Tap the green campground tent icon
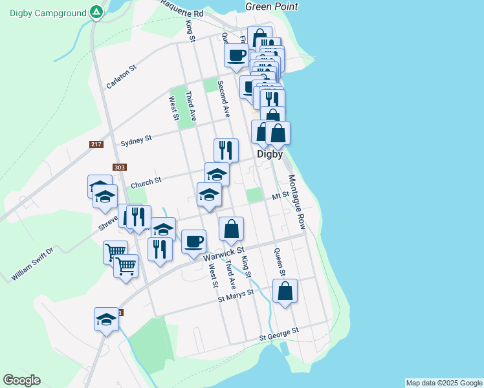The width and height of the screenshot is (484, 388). coord(96,12)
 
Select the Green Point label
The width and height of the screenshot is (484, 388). coord(272,6)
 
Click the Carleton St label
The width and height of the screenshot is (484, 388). coord(122,76)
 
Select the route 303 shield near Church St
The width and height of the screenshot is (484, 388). coord(119,167)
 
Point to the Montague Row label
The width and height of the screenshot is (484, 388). coord(296,201)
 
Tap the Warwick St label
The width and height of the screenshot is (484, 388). coord(225,253)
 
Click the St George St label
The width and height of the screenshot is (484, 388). coord(279,333)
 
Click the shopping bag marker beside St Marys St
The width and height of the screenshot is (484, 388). coord(285,292)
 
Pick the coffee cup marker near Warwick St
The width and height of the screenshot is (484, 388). coord(193,242)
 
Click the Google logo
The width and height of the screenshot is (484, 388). coord(21,380)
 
